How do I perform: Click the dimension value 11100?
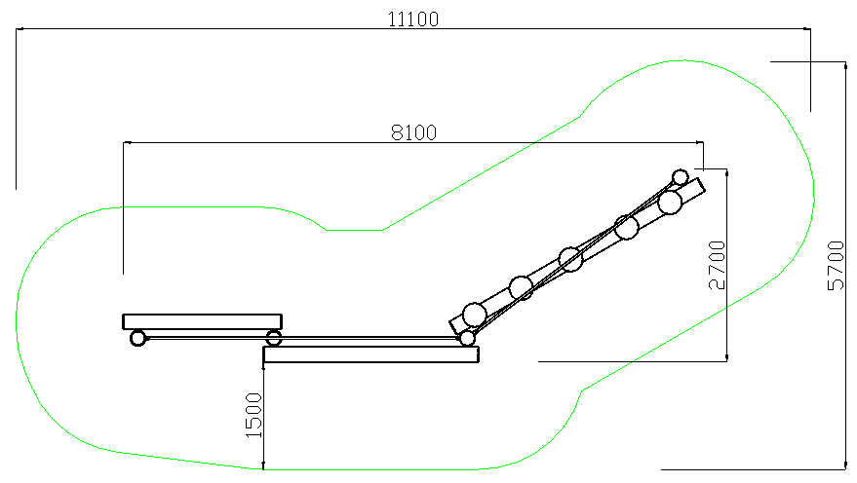pyautogui.click(x=413, y=19)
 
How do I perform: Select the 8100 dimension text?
pyautogui.click(x=413, y=132)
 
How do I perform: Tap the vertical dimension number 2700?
pyautogui.click(x=717, y=265)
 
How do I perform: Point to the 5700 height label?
pyautogui.click(x=836, y=265)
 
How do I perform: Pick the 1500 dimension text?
pyautogui.click(x=254, y=415)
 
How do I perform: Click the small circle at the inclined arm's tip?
pyautogui.click(x=680, y=177)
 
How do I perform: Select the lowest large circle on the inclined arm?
pyautogui.click(x=475, y=315)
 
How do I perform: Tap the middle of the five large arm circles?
pyautogui.click(x=570, y=259)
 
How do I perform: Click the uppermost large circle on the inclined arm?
pyautogui.click(x=670, y=202)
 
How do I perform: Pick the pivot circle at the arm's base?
pyautogui.click(x=467, y=338)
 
